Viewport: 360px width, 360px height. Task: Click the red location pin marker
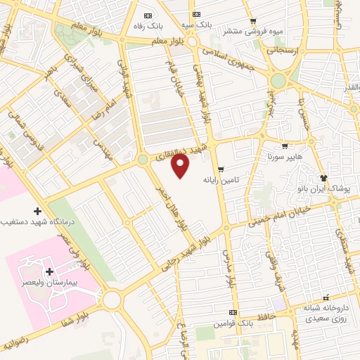pos(181,166)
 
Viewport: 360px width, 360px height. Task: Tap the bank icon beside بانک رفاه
pos(147,15)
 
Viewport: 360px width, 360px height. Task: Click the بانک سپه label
pos(195,25)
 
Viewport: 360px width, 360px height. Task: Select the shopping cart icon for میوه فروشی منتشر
pos(253,20)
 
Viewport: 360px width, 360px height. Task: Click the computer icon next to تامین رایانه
pos(221,169)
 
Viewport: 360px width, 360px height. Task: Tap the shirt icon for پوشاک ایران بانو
pos(324,178)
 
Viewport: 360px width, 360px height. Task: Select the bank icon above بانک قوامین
pos(233,313)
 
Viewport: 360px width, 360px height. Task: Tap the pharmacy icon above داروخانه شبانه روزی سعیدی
pos(324,297)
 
